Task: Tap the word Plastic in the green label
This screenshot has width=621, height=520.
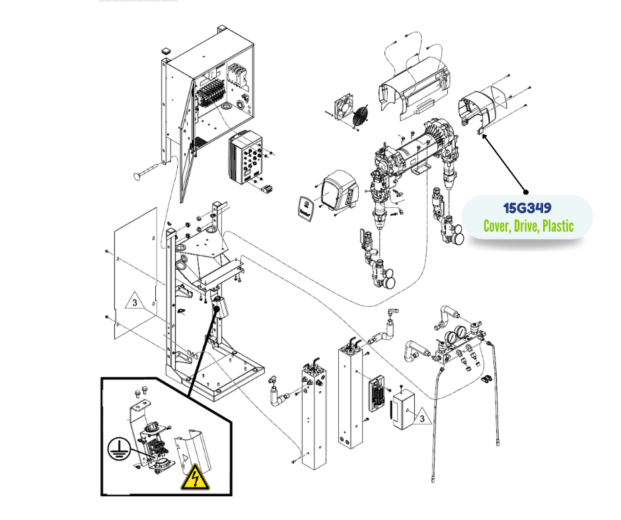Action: (556, 226)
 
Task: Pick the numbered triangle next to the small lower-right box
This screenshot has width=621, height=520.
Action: (418, 415)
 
